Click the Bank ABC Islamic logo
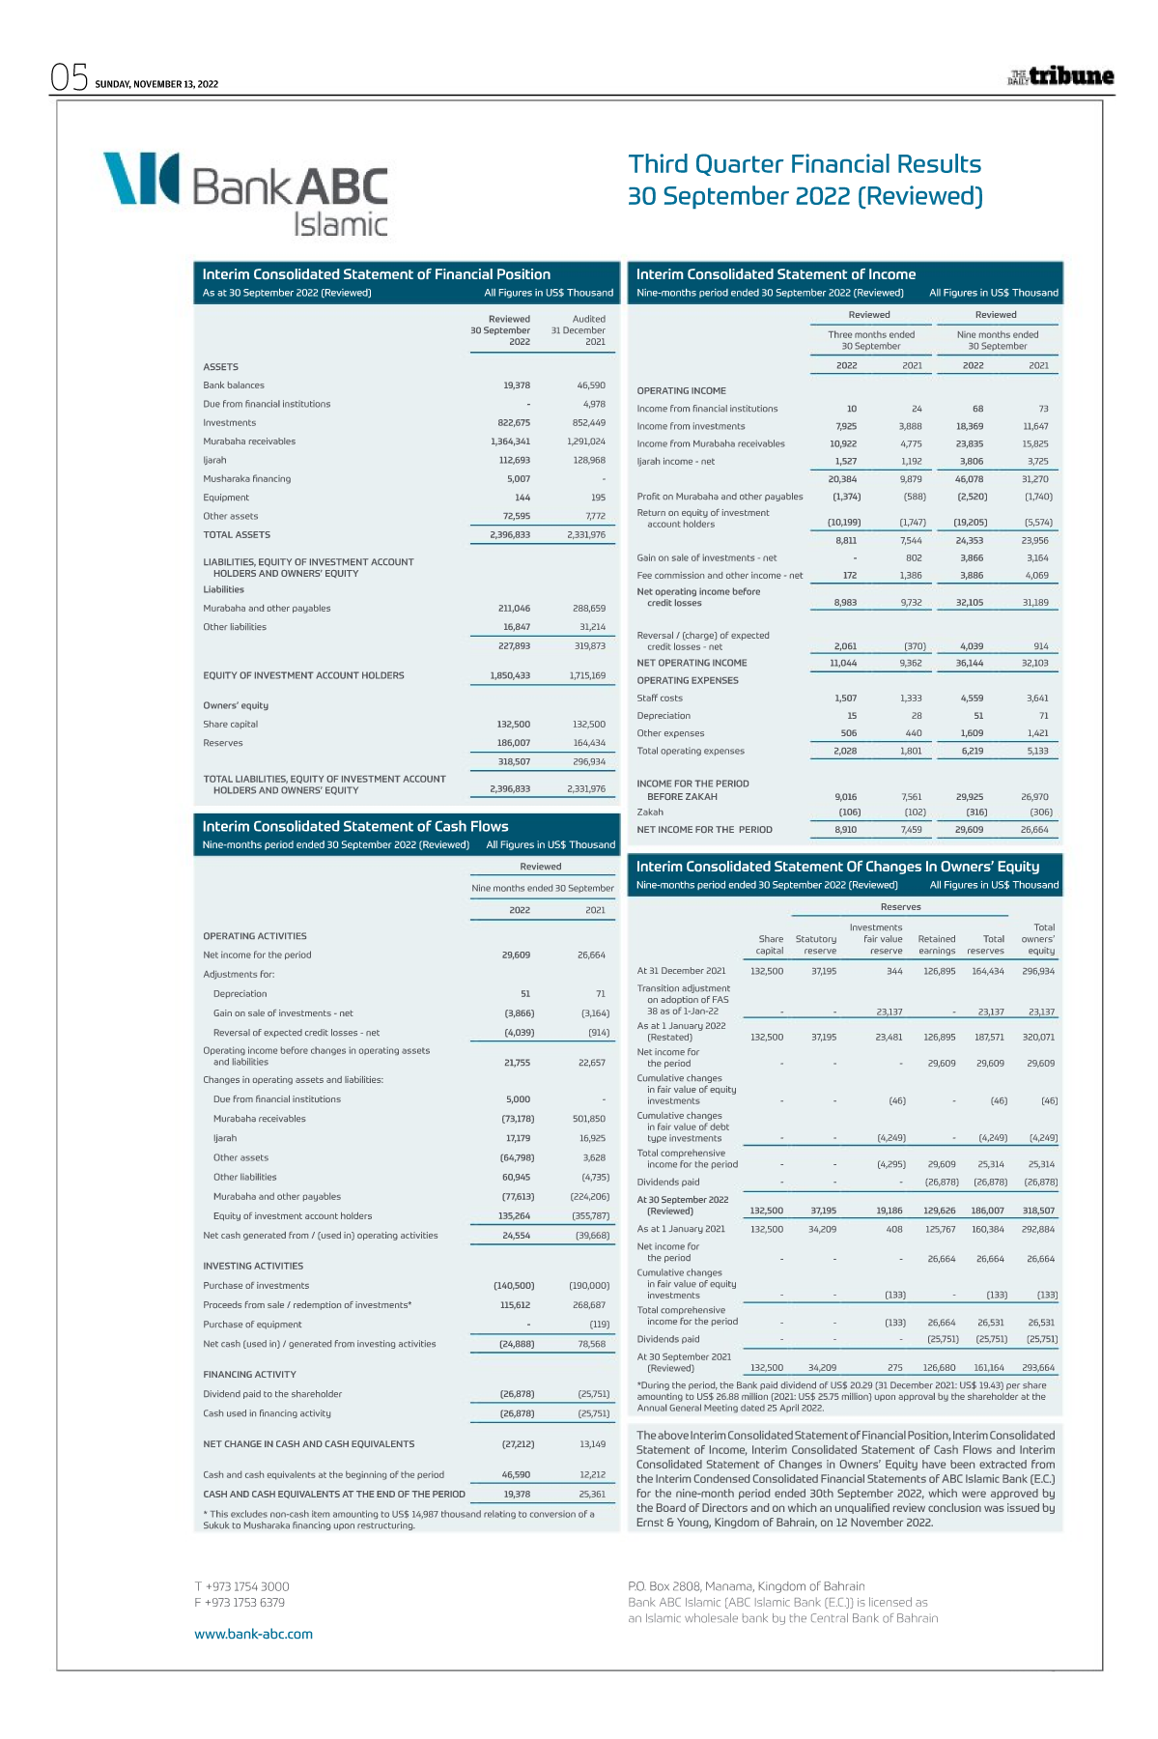pyautogui.click(x=245, y=192)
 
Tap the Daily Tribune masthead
pyautogui.click(x=1060, y=76)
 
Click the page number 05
pyautogui.click(x=70, y=77)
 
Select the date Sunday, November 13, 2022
pyautogui.click(x=156, y=84)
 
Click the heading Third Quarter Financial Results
pyautogui.click(x=805, y=164)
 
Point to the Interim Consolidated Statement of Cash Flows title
pyautogui.click(x=355, y=826)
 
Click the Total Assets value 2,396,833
pyautogui.click(x=510, y=534)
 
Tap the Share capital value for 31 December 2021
pyautogui.click(x=588, y=724)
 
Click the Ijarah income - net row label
pyautogui.click(x=676, y=461)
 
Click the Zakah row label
pyautogui.click(x=650, y=812)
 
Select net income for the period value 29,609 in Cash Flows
pyautogui.click(x=516, y=955)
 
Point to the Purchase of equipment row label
pyautogui.click(x=252, y=1325)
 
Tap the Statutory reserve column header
pyautogui.click(x=816, y=944)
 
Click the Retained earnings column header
pyautogui.click(x=936, y=944)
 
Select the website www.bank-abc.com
pyautogui.click(x=253, y=1634)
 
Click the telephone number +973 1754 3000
pyautogui.click(x=241, y=1586)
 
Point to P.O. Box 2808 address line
pyautogui.click(x=746, y=1585)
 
